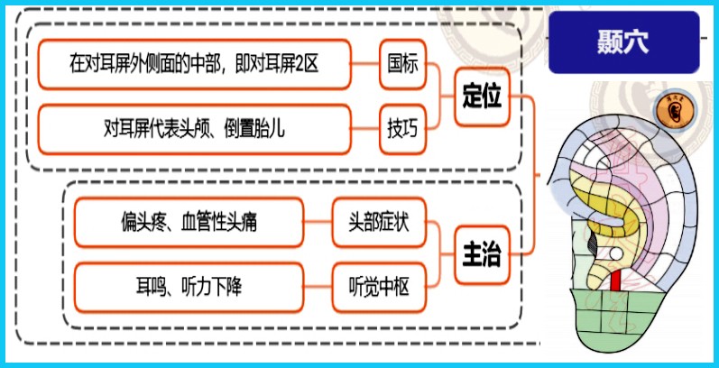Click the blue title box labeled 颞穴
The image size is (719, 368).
coord(624,42)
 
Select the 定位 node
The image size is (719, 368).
coord(482,97)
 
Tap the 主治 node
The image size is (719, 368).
coord(482,255)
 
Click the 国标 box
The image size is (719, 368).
coord(403,64)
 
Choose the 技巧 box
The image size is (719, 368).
coord(403,130)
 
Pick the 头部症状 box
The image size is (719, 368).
coord(379,222)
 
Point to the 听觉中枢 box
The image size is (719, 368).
coord(379,288)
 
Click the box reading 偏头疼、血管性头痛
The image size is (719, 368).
coord(189,222)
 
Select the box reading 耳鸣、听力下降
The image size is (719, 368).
coord(189,288)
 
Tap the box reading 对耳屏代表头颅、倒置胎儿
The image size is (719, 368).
coord(195,130)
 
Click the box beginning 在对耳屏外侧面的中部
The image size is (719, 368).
coord(195,64)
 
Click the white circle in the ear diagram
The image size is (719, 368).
coord(616,253)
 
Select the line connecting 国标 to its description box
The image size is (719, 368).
coord(365,64)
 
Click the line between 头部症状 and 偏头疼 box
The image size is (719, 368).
coord(318,222)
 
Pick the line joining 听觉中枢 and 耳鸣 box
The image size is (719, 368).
coord(318,288)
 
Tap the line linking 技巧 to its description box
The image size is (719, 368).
coord(365,130)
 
